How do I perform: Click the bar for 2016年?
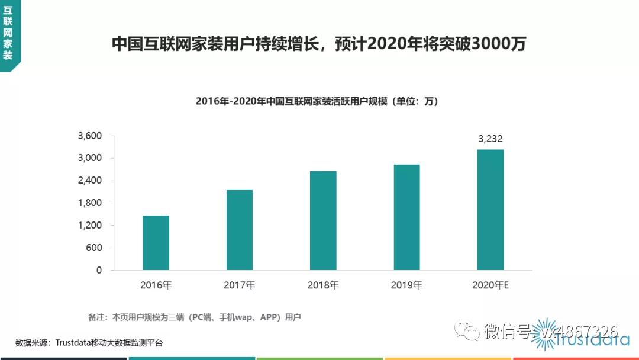[156, 243]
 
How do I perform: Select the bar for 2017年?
[239, 230]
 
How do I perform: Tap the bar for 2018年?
[323, 220]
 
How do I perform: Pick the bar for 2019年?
[406, 217]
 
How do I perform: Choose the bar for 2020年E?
[490, 210]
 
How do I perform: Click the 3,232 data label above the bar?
[490, 139]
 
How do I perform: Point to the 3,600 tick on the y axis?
[90, 136]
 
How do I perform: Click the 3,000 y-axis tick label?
[90, 158]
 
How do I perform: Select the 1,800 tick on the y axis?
[90, 203]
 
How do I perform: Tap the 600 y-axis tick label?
[94, 247]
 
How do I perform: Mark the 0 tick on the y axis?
[99, 270]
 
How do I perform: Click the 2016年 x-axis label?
[156, 285]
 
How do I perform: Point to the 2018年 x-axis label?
[323, 285]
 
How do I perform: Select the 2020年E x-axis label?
[490, 285]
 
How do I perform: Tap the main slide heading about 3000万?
[319, 44]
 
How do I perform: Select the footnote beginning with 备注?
[195, 317]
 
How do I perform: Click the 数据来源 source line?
[89, 343]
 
